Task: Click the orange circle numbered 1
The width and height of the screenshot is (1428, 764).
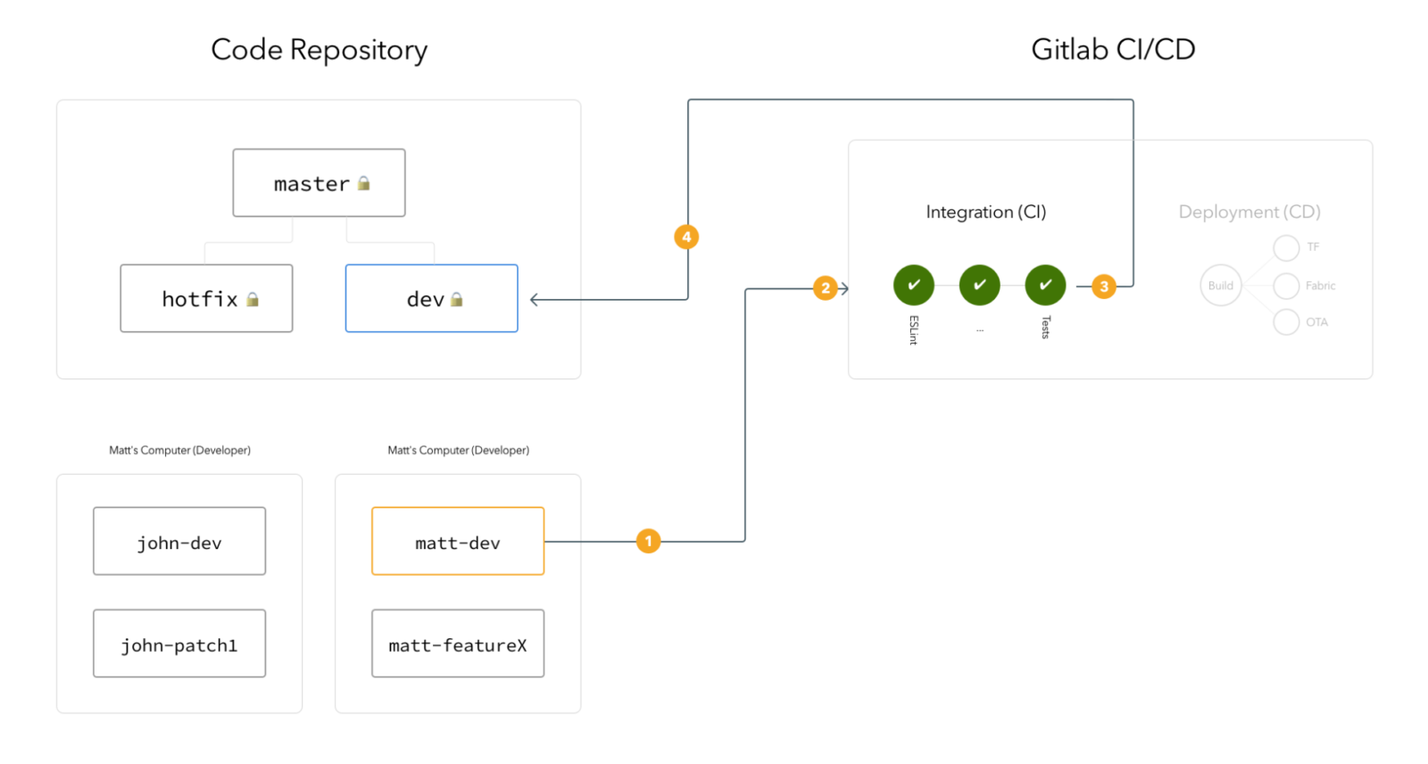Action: (x=649, y=541)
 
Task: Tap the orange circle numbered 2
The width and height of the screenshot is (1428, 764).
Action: (x=826, y=287)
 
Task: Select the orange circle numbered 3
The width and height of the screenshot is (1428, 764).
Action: (x=1104, y=286)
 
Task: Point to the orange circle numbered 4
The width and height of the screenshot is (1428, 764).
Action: (x=686, y=237)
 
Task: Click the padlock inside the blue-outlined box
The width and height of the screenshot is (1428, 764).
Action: (x=457, y=299)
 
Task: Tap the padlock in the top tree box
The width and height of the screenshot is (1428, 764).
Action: (x=363, y=183)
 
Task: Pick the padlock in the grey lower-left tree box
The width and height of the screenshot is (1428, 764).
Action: (x=253, y=299)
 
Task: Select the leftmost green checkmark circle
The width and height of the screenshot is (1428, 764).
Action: (x=914, y=285)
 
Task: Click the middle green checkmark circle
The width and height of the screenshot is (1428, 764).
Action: (x=980, y=285)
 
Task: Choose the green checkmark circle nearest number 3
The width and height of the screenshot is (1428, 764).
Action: (x=1046, y=285)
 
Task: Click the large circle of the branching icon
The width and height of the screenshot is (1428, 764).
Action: (x=1221, y=286)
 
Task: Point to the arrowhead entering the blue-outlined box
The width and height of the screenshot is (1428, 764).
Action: (x=534, y=300)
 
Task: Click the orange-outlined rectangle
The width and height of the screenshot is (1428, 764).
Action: (x=458, y=541)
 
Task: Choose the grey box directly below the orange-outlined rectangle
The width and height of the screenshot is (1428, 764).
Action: (x=458, y=644)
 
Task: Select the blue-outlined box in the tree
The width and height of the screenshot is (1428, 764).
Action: (x=432, y=298)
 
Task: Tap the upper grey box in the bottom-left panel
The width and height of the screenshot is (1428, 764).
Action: (x=179, y=541)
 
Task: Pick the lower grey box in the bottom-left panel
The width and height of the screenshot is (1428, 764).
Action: (x=179, y=644)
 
